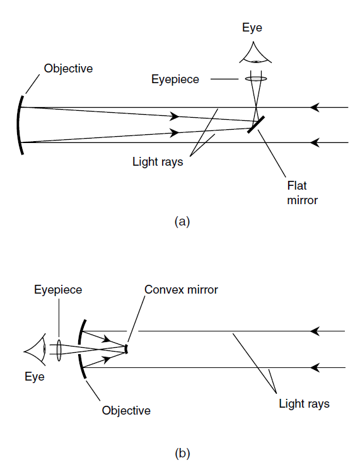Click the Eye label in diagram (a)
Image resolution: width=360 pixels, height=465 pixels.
pyautogui.click(x=252, y=28)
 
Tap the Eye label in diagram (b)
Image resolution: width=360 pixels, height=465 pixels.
pyautogui.click(x=35, y=377)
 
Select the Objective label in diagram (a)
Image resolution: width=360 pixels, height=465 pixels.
pyautogui.click(x=68, y=69)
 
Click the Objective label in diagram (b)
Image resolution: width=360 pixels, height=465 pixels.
pyautogui.click(x=126, y=411)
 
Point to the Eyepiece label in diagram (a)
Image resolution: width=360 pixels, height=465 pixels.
pyautogui.click(x=175, y=79)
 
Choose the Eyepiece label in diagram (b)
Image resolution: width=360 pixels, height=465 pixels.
pyautogui.click(x=58, y=290)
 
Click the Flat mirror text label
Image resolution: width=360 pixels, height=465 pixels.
pyautogui.click(x=302, y=193)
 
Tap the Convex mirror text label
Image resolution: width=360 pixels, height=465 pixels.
pyautogui.click(x=181, y=290)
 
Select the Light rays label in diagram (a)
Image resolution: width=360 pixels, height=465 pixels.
pyautogui.click(x=158, y=162)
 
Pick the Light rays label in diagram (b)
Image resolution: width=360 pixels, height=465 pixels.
pyautogui.click(x=305, y=404)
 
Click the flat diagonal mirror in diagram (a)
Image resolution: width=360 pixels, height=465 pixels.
pyautogui.click(x=256, y=125)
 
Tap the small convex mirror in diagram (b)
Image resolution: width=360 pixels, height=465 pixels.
pyautogui.click(x=127, y=349)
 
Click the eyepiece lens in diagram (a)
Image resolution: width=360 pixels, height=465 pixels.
pyautogui.click(x=256, y=79)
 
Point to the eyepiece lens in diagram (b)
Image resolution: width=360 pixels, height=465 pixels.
pyautogui.click(x=59, y=350)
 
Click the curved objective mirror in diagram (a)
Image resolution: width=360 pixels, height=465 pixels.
pyautogui.click(x=18, y=125)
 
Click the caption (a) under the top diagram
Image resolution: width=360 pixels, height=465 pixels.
pyautogui.click(x=182, y=222)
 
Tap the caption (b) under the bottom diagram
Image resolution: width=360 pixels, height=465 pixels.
pyautogui.click(x=182, y=454)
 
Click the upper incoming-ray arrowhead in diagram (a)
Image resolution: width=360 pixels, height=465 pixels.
pyautogui.click(x=315, y=107)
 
